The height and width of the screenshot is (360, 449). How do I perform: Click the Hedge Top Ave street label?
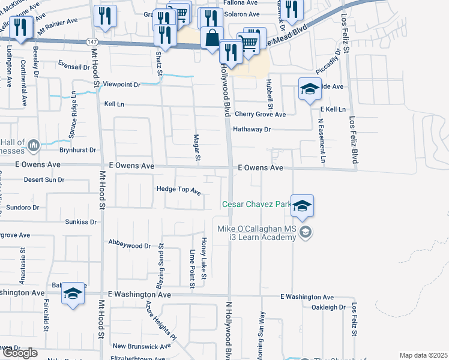178,190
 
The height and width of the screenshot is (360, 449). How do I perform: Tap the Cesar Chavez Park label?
256,205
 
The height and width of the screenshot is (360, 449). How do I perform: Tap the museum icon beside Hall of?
34,145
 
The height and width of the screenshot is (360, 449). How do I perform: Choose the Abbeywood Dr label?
129,245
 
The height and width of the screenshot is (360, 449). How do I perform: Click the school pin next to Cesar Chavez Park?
303,206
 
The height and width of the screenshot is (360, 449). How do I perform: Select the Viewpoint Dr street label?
121,85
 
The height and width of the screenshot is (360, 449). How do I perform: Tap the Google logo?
20,353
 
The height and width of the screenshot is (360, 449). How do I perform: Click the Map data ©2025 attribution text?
423,355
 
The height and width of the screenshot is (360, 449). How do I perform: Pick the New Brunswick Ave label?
143,346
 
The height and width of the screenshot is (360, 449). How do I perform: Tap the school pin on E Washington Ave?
73,293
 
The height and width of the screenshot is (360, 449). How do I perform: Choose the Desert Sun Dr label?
44,179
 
